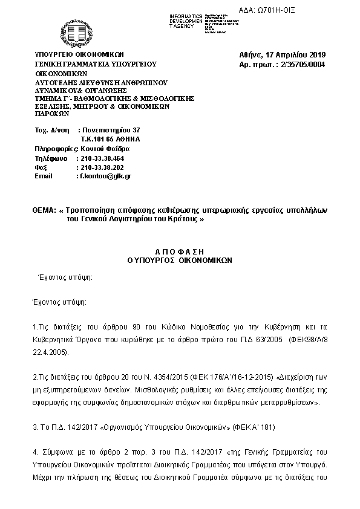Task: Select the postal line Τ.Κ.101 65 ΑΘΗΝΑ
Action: coord(106,138)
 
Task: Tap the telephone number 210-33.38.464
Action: coord(102,157)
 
